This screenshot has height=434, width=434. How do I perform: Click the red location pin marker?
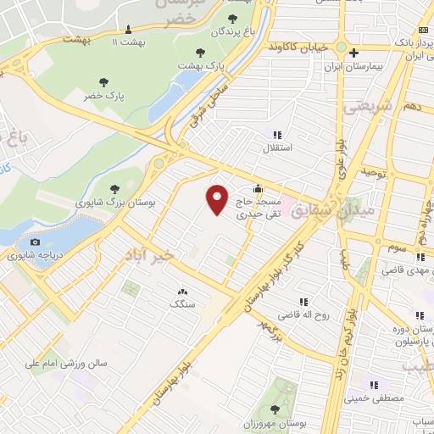pyautogui.click(x=218, y=199)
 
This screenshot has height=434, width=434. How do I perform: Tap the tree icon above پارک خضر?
pyautogui.click(x=103, y=83)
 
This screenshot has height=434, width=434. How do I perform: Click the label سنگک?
pyautogui.click(x=181, y=303)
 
